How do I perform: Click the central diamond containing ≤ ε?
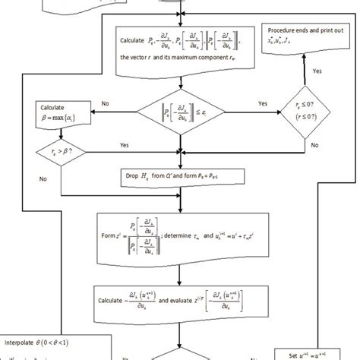pos(180,115)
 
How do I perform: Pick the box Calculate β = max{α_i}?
pos(58,114)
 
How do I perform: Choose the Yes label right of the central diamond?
pos(263,103)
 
